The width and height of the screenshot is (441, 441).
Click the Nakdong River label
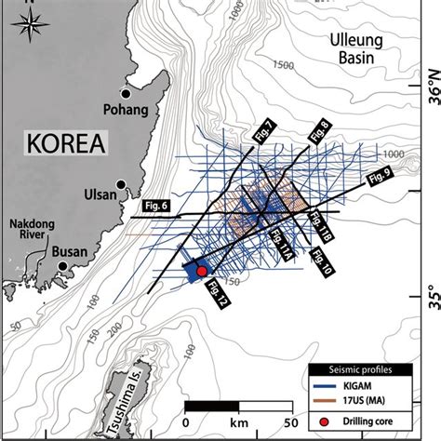(31, 230)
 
